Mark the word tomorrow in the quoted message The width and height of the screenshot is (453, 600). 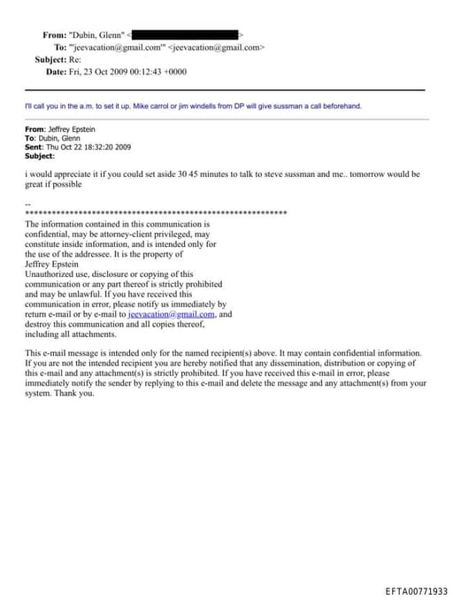[374, 174]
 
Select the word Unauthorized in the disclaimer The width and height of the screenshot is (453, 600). [50, 274]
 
